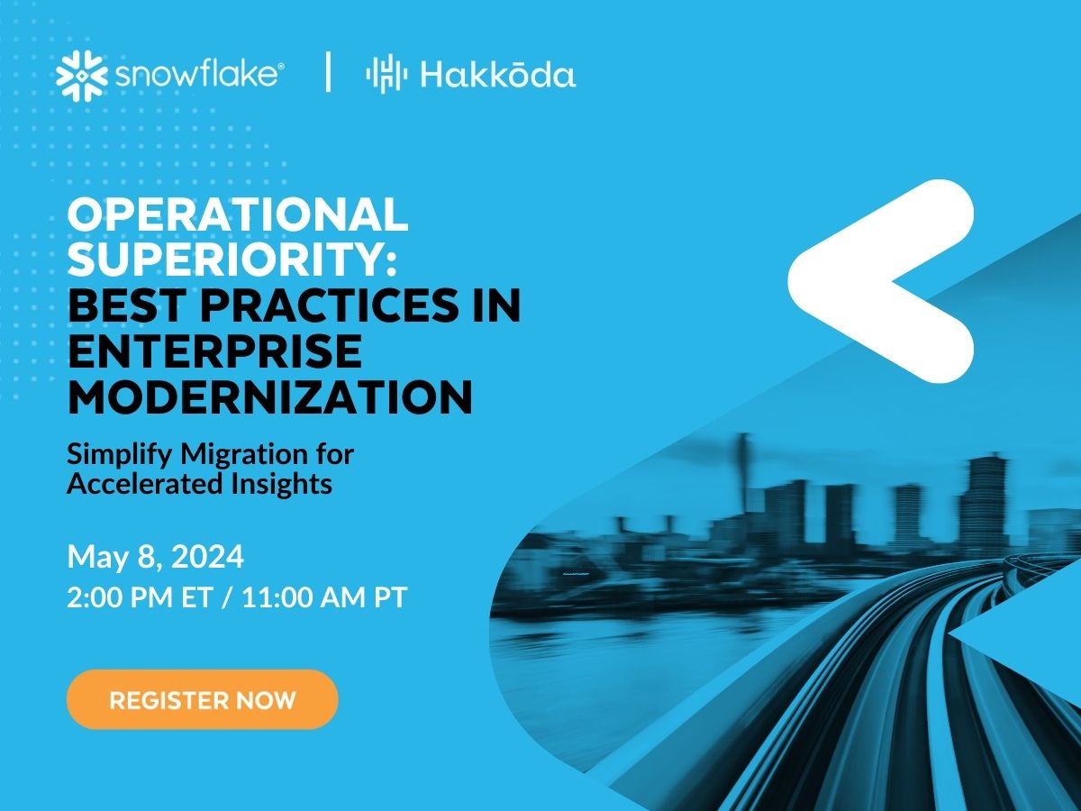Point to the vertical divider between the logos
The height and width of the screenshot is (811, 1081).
[327, 72]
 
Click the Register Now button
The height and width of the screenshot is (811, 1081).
[202, 699]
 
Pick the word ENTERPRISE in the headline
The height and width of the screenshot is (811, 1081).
[214, 351]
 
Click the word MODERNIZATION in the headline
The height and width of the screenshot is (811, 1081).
[270, 397]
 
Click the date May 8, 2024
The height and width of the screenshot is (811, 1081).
[155, 557]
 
